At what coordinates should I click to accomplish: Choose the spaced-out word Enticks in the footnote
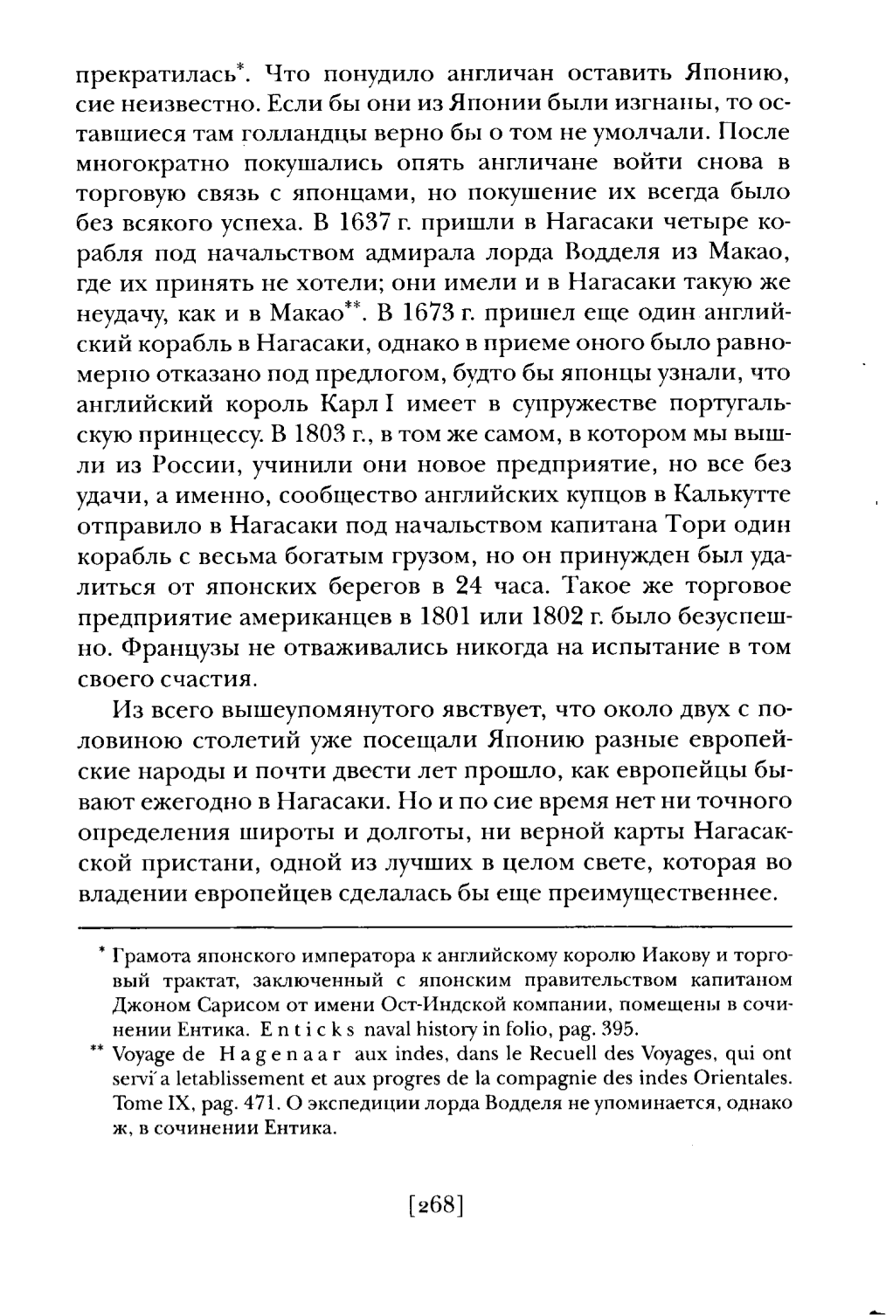284,1024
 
